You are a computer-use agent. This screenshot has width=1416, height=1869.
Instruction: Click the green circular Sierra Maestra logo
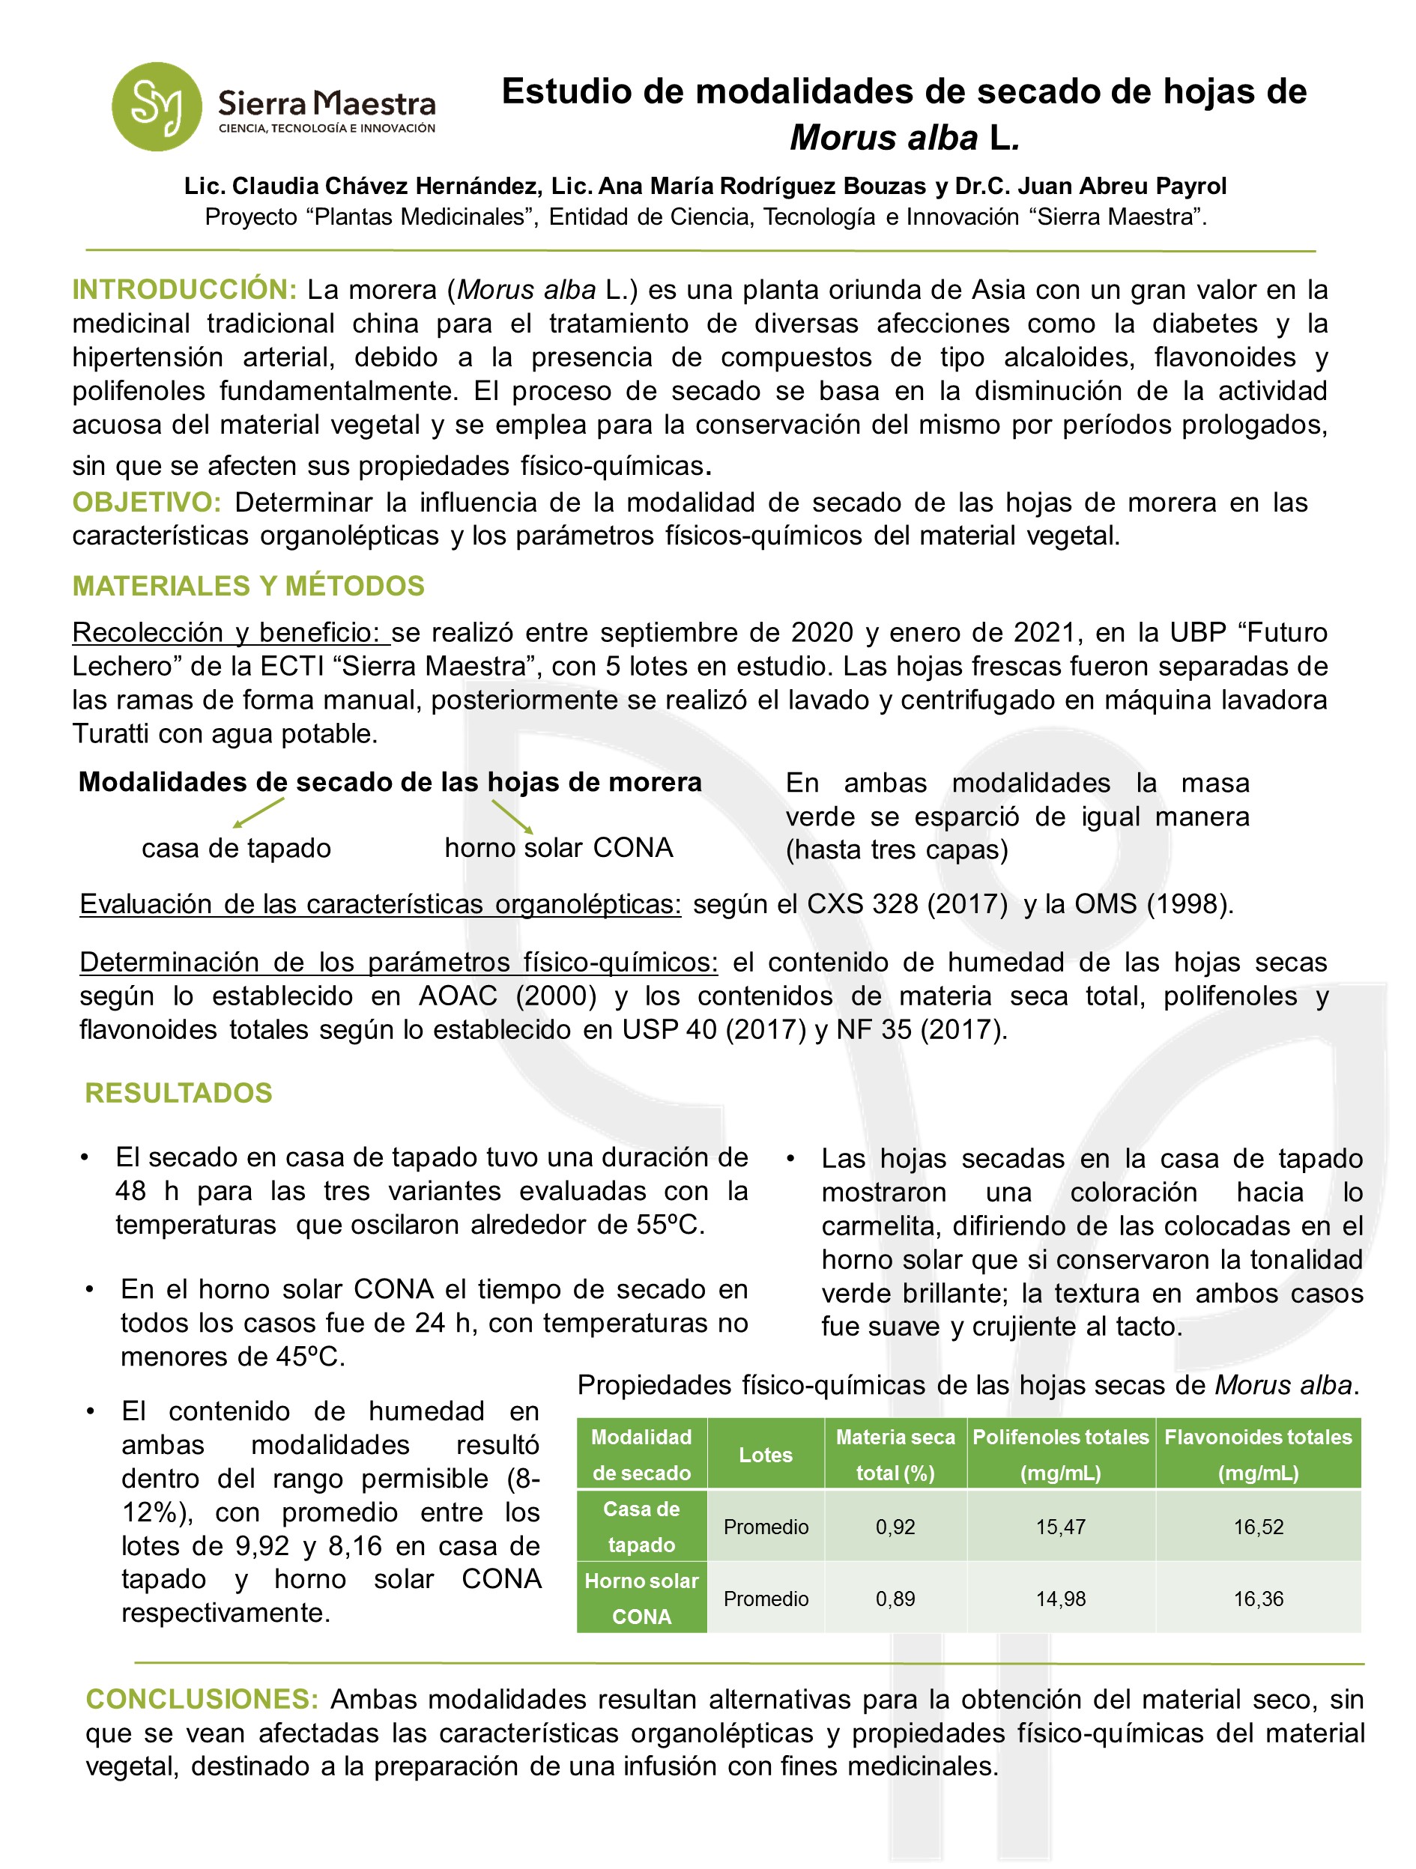click(157, 106)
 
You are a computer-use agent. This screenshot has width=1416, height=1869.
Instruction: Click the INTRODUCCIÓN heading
click(184, 290)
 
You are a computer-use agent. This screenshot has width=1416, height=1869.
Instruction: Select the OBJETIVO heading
click(146, 502)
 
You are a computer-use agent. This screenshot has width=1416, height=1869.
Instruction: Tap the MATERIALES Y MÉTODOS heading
click(247, 586)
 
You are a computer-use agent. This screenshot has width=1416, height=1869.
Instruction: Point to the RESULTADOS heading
click(178, 1092)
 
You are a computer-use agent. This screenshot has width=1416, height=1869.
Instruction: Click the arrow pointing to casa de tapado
click(258, 813)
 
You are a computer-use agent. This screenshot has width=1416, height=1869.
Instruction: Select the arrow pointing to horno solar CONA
click(512, 817)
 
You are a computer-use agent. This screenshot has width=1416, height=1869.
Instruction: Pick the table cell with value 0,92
click(895, 1527)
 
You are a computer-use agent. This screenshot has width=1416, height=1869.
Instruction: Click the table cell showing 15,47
click(1060, 1527)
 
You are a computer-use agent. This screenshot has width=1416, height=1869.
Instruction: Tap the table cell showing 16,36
click(1258, 1599)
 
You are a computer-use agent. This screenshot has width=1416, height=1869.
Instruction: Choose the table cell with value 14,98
click(1060, 1599)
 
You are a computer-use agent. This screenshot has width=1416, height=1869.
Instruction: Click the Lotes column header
click(766, 1455)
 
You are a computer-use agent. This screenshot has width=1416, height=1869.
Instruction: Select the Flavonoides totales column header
click(1258, 1454)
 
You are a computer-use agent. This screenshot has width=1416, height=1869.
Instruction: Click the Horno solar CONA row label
click(641, 1599)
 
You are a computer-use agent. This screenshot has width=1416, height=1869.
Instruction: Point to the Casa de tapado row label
click(641, 1527)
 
